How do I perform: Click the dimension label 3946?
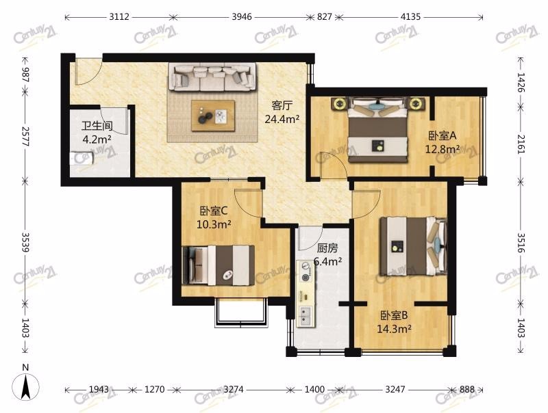pos(242,16)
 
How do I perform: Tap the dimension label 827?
pos(324,16)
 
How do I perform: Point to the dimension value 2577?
pos(25,136)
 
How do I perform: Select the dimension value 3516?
pos(521,243)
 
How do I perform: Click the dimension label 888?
pos(467,389)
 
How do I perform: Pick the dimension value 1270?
pos(154,389)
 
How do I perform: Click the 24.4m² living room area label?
pos(282,119)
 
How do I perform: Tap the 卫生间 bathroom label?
pos(97,125)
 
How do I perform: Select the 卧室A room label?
pos(442,135)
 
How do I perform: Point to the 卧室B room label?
pos(394,316)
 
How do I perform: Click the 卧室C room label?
pos(214,211)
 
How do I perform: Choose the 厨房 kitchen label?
pos(327,248)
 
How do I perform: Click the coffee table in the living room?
pos(213,116)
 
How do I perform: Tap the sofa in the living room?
pos(212,77)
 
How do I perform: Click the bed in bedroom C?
pos(219,265)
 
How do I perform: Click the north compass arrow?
pos(25,386)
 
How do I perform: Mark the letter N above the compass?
pos(25,367)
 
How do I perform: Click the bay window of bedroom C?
pos(241,312)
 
